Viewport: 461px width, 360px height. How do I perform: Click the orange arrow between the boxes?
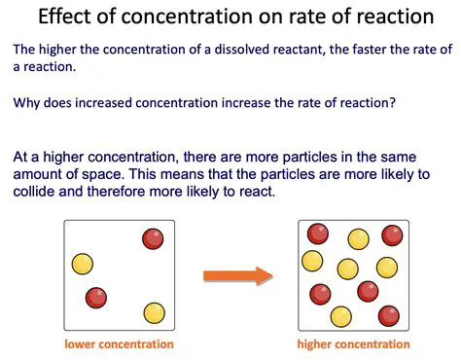click(x=236, y=276)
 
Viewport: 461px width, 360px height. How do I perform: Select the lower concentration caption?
click(x=119, y=344)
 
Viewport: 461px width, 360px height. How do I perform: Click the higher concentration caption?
click(x=352, y=344)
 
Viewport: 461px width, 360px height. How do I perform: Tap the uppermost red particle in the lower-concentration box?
click(x=152, y=239)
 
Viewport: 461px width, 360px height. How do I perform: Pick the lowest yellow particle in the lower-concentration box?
click(x=154, y=313)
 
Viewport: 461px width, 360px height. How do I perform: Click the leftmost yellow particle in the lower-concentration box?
click(x=82, y=264)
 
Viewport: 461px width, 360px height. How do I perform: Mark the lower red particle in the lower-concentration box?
click(x=95, y=297)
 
